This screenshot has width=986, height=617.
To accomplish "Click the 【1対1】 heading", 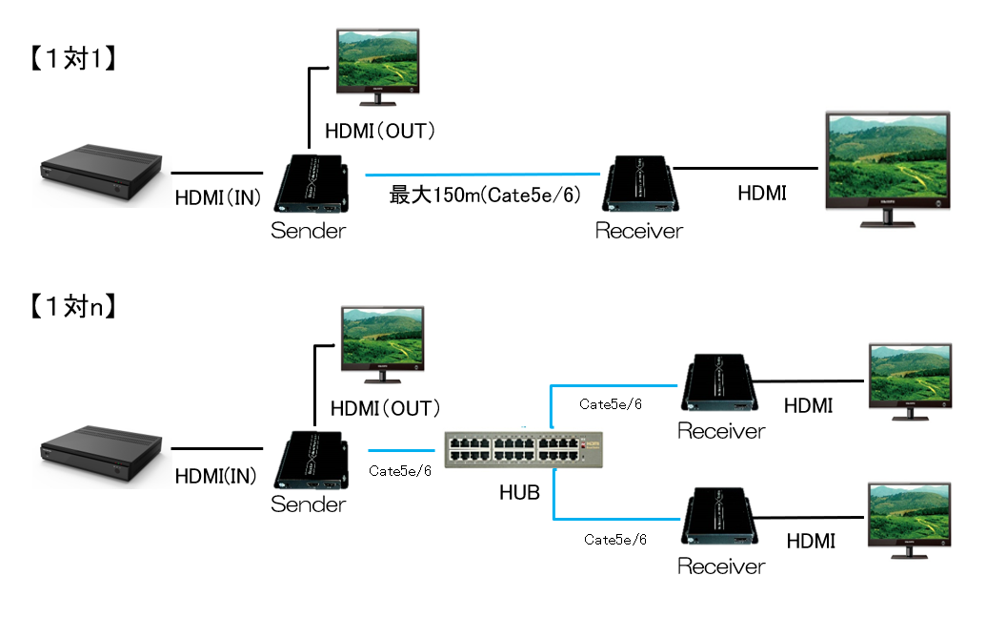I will pyautogui.click(x=72, y=59).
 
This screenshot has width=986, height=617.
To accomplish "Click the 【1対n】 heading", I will pyautogui.click(x=72, y=307).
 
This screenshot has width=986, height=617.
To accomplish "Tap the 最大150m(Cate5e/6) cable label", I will pyautogui.click(x=484, y=196).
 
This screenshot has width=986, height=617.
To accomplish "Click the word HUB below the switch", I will pyautogui.click(x=519, y=493).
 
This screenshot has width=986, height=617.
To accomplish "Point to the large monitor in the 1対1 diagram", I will pyautogui.click(x=887, y=168).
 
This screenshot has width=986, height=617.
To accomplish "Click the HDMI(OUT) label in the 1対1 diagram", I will pyautogui.click(x=380, y=131).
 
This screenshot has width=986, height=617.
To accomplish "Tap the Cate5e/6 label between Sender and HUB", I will pyautogui.click(x=400, y=470).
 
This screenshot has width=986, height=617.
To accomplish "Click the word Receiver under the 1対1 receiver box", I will pyautogui.click(x=639, y=231).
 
